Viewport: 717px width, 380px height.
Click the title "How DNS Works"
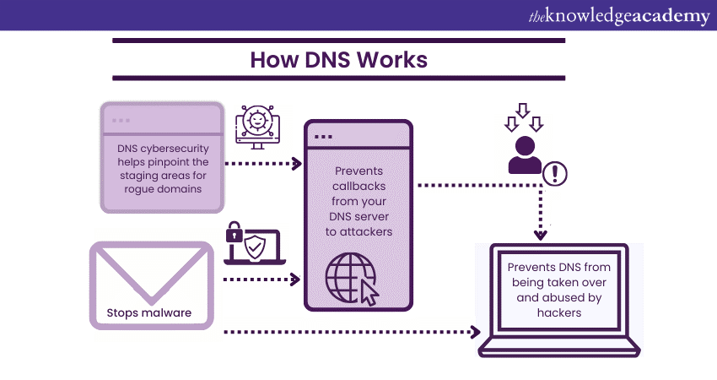[338, 60]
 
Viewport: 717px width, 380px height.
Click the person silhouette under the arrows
[524, 155]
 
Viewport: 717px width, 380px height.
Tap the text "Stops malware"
[148, 312]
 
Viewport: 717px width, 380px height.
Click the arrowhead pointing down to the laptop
[541, 233]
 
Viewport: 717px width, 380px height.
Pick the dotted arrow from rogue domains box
[264, 164]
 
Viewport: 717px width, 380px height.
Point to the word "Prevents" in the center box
[358, 170]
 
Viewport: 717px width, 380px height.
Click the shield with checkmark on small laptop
[257, 251]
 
